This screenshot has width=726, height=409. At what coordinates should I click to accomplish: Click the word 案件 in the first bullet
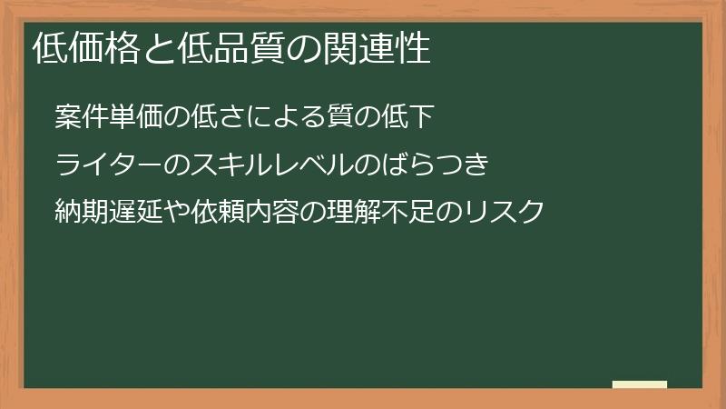[x=78, y=116]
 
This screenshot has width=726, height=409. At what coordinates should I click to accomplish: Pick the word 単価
[x=127, y=116]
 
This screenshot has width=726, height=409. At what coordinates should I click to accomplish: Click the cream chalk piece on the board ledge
[x=640, y=384]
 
